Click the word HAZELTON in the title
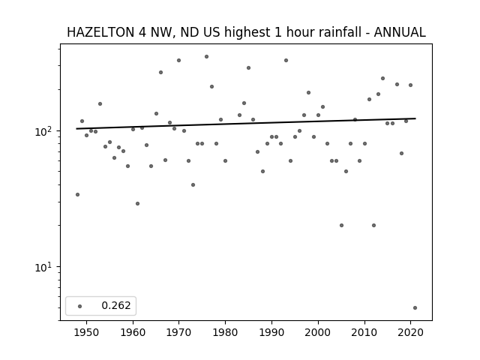[x=100, y=32]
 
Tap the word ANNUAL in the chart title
[x=400, y=32]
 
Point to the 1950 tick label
[x=87, y=332]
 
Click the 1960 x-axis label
[x=133, y=332]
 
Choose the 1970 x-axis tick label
[x=178, y=332]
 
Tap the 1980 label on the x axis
[x=225, y=332]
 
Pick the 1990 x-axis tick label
[x=271, y=332]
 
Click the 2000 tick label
[x=318, y=332]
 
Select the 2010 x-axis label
[x=364, y=332]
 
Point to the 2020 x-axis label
[x=410, y=332]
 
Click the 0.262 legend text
[x=116, y=305]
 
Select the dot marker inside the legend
[x=80, y=306]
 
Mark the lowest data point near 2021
[x=415, y=308]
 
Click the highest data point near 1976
[x=207, y=57]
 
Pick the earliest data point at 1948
[x=77, y=195]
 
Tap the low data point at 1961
[x=137, y=203]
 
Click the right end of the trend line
[x=415, y=118]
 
